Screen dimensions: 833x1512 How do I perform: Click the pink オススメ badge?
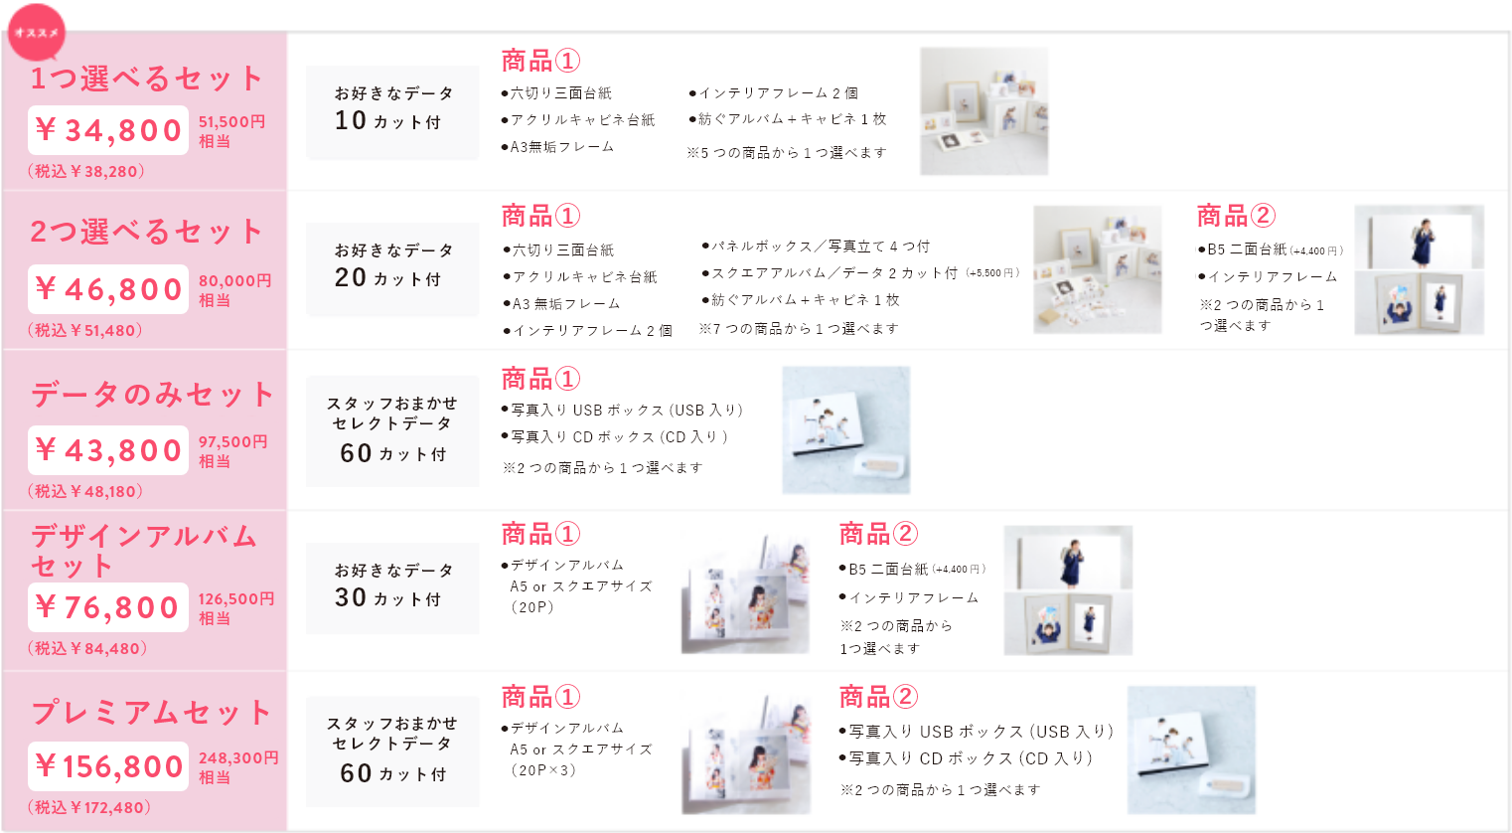[37, 33]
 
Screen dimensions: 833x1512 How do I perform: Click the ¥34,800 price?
[108, 130]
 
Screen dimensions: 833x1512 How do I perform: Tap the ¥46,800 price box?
[108, 289]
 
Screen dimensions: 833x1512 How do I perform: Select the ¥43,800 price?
[108, 450]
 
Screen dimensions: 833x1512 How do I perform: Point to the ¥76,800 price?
[108, 607]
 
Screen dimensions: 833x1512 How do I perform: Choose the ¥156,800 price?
[108, 766]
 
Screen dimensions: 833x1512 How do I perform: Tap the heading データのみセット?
[152, 395]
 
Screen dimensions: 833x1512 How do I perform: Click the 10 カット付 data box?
[392, 112]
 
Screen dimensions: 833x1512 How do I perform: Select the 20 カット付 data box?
[392, 269]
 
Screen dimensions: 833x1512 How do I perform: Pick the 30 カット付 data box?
[392, 589]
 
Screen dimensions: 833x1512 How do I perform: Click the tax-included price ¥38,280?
[86, 171]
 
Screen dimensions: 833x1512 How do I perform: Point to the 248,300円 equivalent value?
[238, 758]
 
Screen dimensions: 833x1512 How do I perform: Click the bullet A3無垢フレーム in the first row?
[561, 147]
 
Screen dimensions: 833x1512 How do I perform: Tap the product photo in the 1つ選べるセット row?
[983, 111]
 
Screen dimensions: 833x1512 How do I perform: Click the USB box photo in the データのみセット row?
[845, 429]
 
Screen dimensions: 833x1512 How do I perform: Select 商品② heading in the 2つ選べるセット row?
[1236, 216]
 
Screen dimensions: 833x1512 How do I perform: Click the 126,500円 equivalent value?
[236, 599]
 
